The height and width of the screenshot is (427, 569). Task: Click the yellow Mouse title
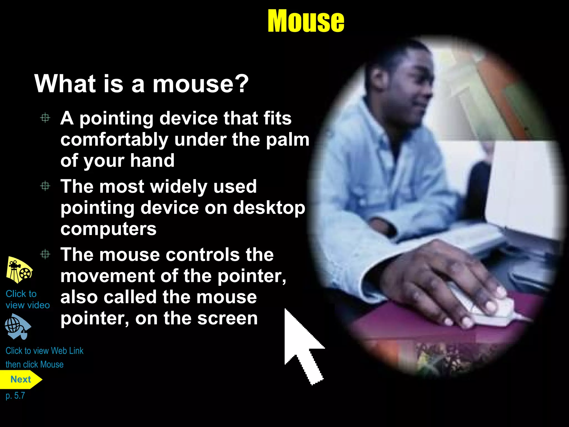point(306,21)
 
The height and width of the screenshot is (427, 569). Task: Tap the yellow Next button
point(21,379)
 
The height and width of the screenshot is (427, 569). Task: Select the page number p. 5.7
point(15,396)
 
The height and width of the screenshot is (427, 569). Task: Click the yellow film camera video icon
point(19,270)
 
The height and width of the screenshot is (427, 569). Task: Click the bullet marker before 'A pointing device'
point(45,118)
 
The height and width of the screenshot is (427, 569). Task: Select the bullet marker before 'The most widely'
point(45,186)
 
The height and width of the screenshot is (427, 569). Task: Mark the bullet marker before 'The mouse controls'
point(45,254)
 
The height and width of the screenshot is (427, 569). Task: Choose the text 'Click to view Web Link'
point(44,351)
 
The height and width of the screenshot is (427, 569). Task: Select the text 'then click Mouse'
point(34,364)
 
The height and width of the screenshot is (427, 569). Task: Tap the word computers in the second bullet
point(108,229)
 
